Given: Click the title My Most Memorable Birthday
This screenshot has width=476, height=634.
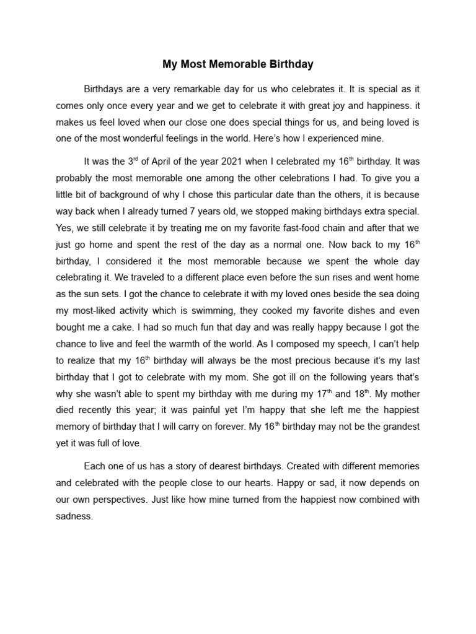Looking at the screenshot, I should click(x=238, y=64).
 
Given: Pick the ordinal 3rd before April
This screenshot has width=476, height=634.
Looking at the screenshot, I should click(x=132, y=161).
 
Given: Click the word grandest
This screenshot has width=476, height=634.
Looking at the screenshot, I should click(x=400, y=426).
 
